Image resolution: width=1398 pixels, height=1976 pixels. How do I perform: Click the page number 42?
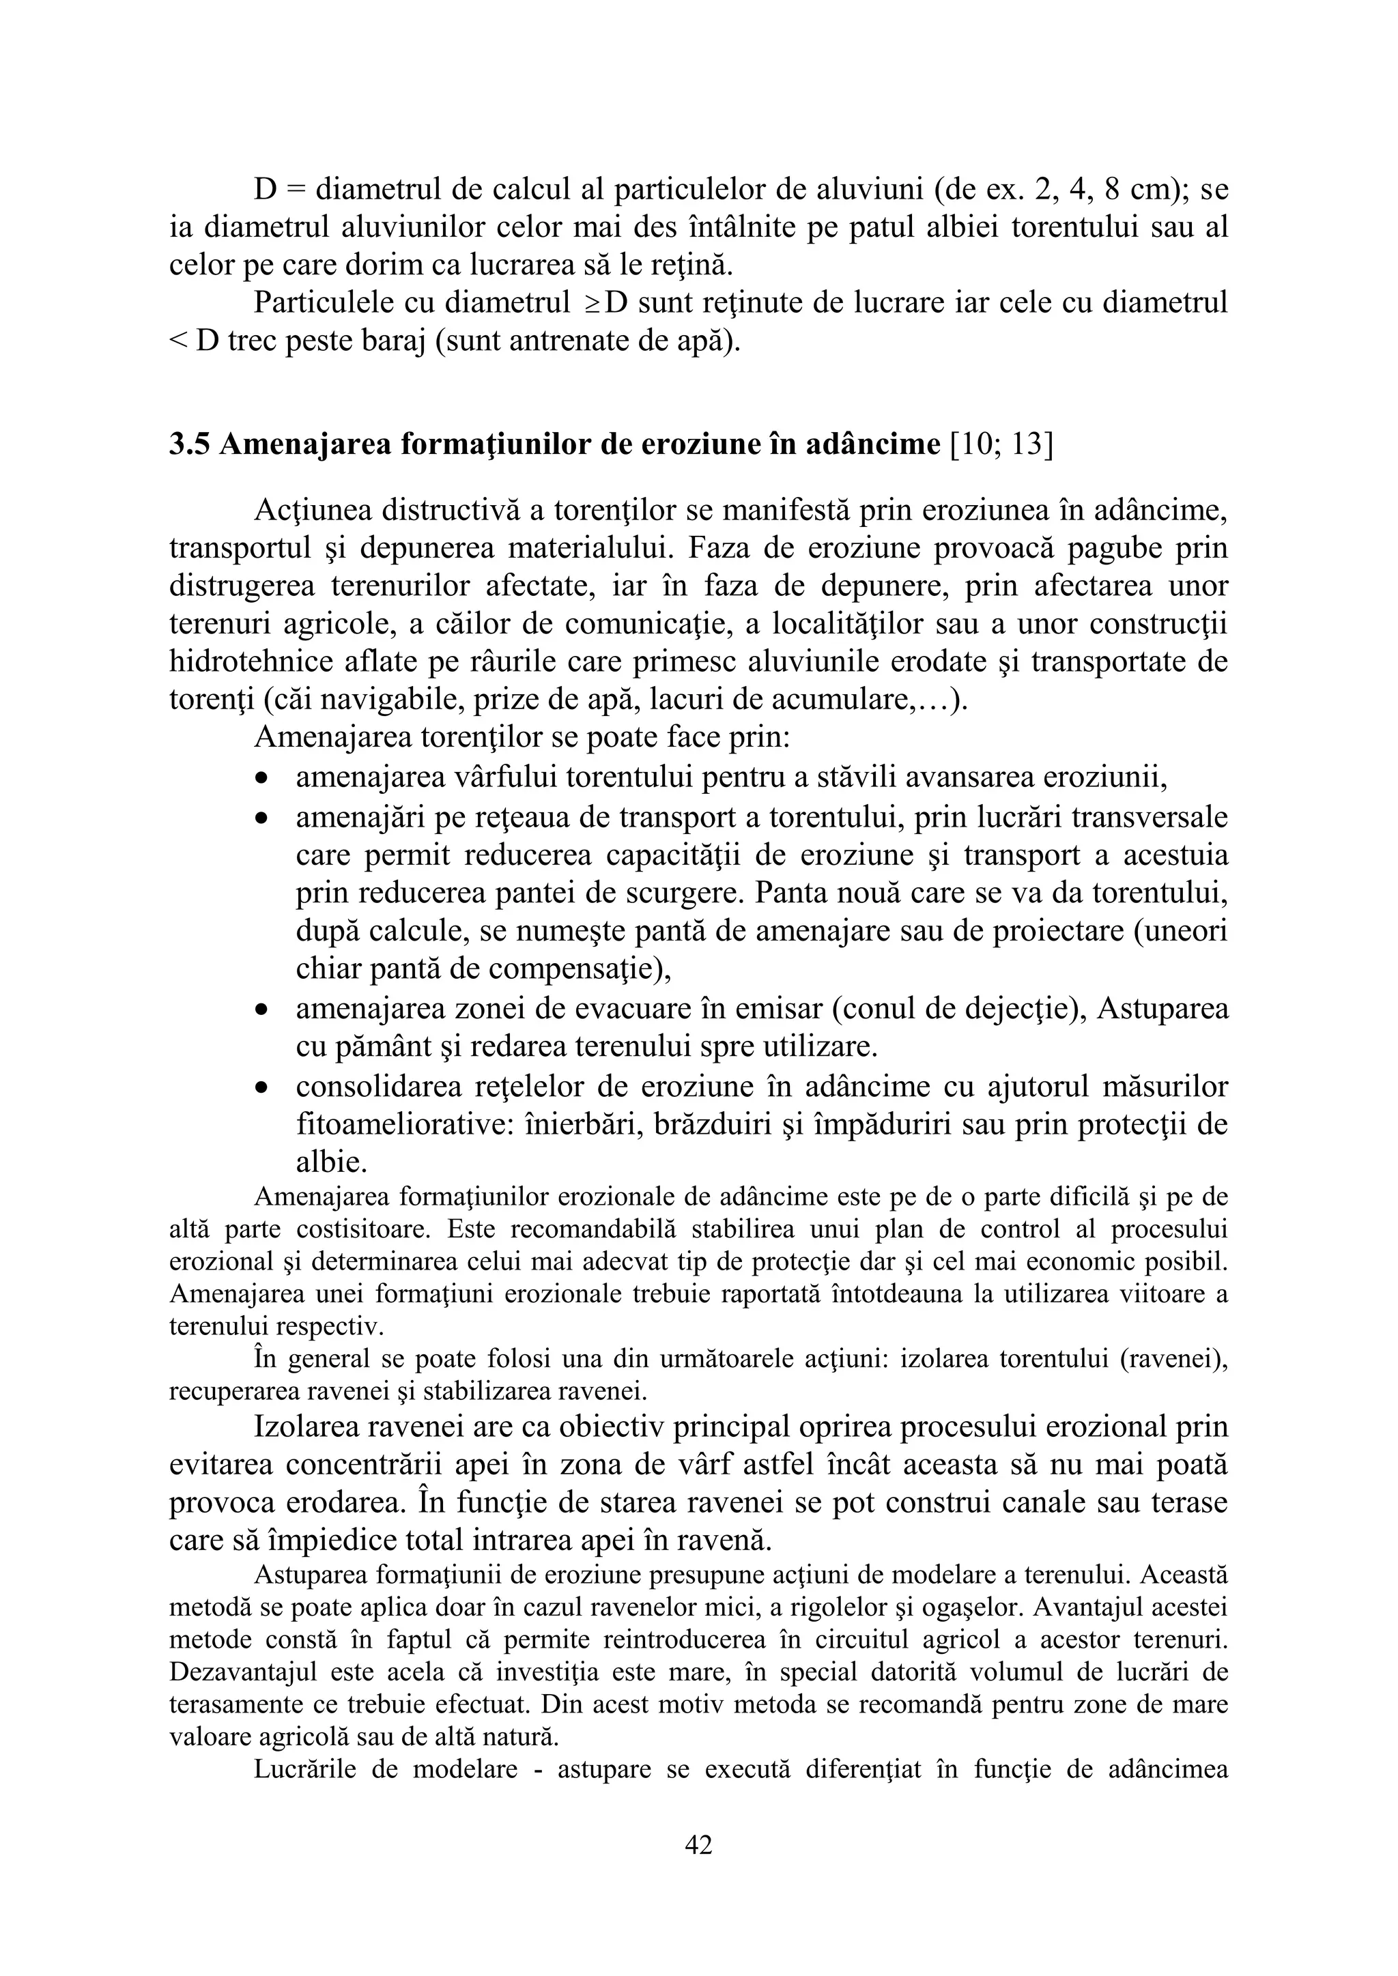click(x=698, y=1844)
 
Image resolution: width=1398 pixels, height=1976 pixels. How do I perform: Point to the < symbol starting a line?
click(x=177, y=342)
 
